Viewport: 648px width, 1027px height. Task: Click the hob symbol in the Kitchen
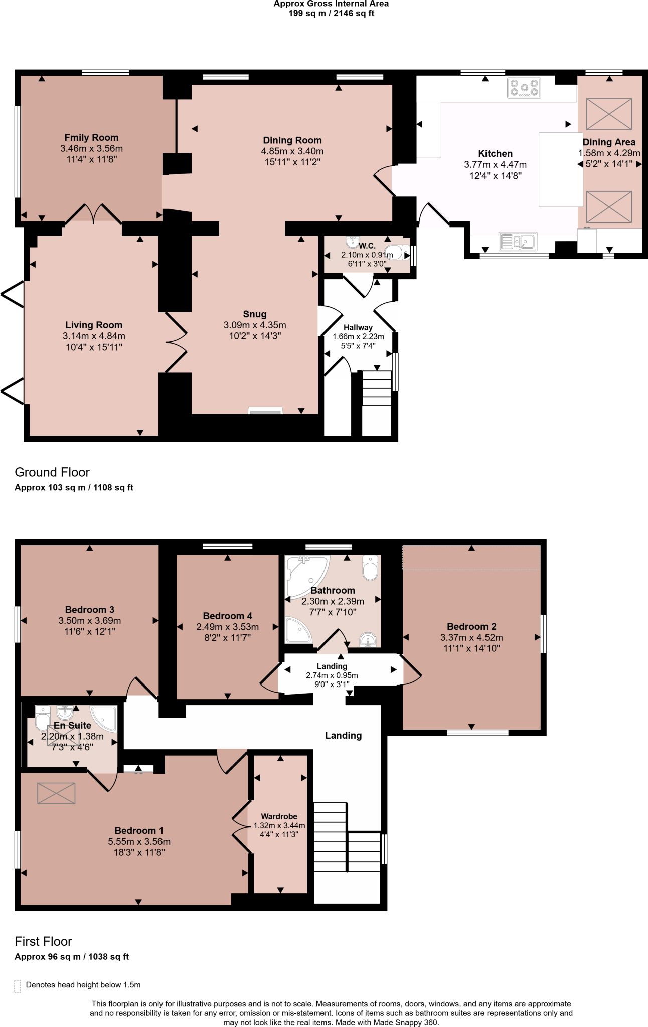click(x=524, y=88)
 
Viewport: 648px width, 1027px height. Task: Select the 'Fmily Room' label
click(x=91, y=137)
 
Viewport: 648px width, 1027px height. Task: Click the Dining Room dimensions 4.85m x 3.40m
click(x=292, y=151)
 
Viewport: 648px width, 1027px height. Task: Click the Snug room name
click(x=255, y=314)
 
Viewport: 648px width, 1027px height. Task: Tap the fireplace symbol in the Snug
click(x=265, y=411)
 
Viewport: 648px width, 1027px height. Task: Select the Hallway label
click(x=358, y=327)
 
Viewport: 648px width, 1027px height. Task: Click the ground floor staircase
click(x=377, y=389)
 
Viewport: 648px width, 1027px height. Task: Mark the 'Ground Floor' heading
click(x=52, y=472)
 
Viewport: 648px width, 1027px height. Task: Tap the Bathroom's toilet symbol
click(x=370, y=568)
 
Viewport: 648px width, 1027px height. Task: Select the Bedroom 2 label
click(x=471, y=626)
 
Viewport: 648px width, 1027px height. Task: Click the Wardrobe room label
click(x=279, y=816)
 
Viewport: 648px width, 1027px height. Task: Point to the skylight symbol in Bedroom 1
click(x=56, y=793)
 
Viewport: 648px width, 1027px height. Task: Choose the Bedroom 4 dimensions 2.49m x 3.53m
click(x=227, y=627)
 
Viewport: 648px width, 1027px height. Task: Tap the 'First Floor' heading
click(x=43, y=941)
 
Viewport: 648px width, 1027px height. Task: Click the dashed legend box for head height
click(x=18, y=986)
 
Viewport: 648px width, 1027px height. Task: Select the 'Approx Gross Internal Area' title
click(x=331, y=4)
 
